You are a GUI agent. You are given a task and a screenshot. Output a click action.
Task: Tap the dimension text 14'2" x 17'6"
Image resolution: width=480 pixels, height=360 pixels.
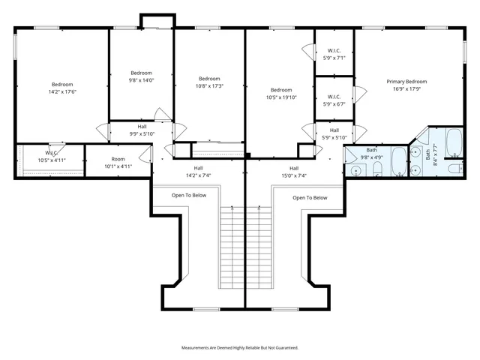(x=62, y=91)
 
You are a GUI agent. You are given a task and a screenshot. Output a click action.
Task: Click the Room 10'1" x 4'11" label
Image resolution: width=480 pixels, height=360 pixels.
(x=118, y=163)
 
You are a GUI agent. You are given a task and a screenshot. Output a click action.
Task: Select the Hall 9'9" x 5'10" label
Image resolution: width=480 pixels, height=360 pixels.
(x=142, y=130)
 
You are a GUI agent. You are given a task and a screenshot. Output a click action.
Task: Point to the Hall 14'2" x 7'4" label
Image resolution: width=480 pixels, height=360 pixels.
(x=198, y=172)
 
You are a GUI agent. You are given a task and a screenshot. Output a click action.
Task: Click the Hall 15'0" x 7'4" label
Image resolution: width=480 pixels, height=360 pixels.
(x=294, y=172)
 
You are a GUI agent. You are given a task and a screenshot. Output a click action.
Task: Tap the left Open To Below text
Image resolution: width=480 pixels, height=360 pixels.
(x=189, y=195)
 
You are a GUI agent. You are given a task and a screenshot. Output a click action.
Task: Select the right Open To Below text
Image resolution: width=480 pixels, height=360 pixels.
(x=310, y=198)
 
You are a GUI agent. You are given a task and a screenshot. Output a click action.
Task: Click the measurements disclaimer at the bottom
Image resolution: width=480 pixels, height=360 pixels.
(x=240, y=348)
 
